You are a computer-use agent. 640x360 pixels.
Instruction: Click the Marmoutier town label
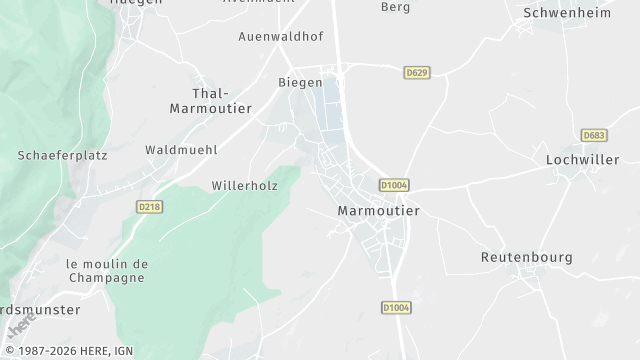[378, 211]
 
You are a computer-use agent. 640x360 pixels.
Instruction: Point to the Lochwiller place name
[583, 159]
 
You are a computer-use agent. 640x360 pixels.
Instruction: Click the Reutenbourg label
[526, 257]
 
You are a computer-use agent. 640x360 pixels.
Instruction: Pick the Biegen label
[299, 82]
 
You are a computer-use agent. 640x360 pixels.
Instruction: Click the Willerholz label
[243, 186]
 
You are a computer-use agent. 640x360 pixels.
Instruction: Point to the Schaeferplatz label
[62, 155]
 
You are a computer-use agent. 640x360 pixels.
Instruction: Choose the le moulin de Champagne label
[107, 270]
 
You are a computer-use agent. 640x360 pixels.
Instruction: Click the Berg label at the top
[396, 7]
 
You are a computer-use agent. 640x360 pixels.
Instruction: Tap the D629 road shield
[417, 73]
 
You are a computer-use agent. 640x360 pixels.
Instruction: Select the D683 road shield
[594, 135]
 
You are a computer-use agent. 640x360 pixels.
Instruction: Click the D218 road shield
[149, 206]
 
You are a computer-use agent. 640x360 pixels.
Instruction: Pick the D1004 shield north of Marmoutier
[395, 185]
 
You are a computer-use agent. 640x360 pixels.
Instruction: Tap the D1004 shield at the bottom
[397, 307]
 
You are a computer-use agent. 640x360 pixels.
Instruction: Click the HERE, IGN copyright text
[66, 352]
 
